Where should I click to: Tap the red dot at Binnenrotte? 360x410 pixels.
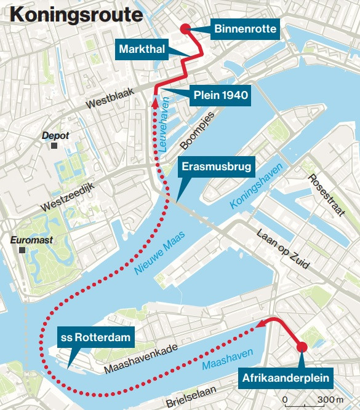click(184, 28)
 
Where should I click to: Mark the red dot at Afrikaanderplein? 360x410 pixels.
click(301, 348)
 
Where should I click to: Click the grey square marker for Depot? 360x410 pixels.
click(55, 146)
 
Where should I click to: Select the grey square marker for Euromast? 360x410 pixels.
click(23, 251)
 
